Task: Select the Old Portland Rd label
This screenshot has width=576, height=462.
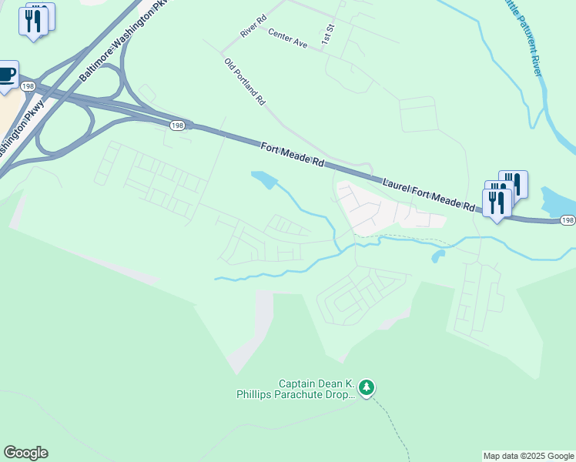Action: click(x=245, y=81)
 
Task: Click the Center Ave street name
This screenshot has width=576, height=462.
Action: click(x=288, y=38)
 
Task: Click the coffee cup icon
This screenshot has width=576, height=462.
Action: click(x=6, y=75)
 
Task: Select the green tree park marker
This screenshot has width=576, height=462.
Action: click(x=368, y=386)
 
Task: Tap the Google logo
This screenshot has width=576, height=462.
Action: click(x=25, y=453)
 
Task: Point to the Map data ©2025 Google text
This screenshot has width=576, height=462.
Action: click(x=528, y=456)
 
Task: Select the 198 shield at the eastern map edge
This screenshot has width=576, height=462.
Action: click(x=567, y=220)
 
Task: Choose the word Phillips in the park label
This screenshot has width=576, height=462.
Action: click(x=255, y=395)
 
